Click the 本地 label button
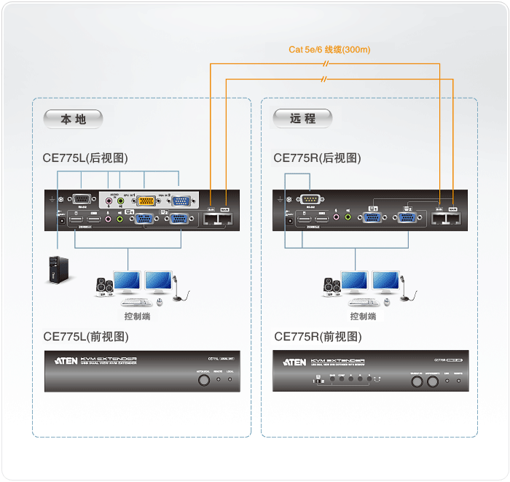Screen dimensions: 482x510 pyautogui.click(x=73, y=119)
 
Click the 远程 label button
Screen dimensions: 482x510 pyautogui.click(x=302, y=118)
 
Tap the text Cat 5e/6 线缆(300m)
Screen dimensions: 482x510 pyautogui.click(x=329, y=50)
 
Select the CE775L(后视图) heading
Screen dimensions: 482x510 pyautogui.click(x=85, y=158)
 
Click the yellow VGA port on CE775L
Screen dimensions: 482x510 pyautogui.click(x=146, y=201)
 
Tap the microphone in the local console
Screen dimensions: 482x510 pyautogui.click(x=179, y=288)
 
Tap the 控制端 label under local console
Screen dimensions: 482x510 pyautogui.click(x=138, y=316)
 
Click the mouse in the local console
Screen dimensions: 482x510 pyautogui.click(x=161, y=302)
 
